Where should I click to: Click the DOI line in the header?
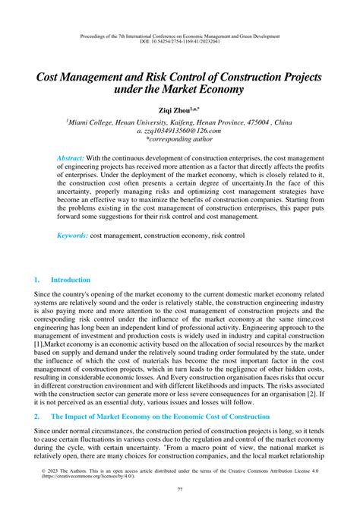(179, 42)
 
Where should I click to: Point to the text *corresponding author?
(179, 141)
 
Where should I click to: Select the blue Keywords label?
(72, 236)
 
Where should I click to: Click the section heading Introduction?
(71, 280)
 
